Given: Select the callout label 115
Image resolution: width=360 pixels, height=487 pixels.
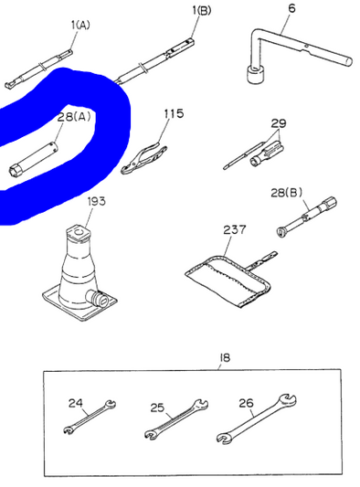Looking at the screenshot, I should point(173,114).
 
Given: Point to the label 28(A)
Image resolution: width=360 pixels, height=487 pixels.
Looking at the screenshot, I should point(74,117).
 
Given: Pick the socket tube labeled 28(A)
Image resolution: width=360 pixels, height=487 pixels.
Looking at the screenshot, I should point(37,155).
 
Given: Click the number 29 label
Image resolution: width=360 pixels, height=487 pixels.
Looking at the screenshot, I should point(278,122).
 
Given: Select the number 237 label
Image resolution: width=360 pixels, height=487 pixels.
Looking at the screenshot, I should point(235,229).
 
